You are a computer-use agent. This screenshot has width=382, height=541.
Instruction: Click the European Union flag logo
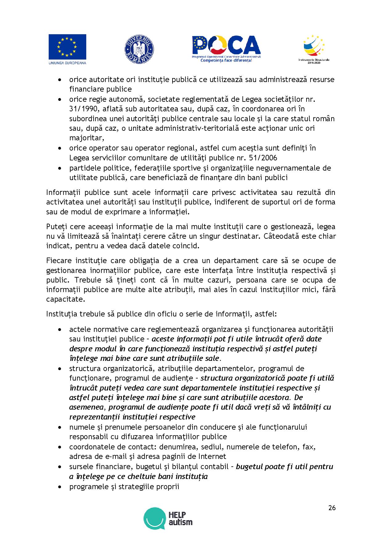tap(67, 47)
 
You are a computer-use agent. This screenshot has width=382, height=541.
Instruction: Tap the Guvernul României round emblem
tap(139, 50)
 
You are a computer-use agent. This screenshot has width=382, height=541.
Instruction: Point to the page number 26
tap(332, 508)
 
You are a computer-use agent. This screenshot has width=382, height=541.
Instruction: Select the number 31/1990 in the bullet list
tap(80, 109)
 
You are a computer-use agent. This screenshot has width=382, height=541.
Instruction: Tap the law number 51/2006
tap(265, 158)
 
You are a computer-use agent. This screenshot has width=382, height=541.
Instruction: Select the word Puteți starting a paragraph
tap(56, 227)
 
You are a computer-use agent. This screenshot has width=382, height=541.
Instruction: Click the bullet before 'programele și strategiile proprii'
tap(59, 487)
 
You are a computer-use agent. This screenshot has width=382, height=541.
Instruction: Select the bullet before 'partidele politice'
tap(59, 168)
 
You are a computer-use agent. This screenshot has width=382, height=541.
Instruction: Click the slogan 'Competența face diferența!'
tap(226, 60)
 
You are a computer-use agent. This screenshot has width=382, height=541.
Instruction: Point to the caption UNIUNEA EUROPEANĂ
tap(67, 63)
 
